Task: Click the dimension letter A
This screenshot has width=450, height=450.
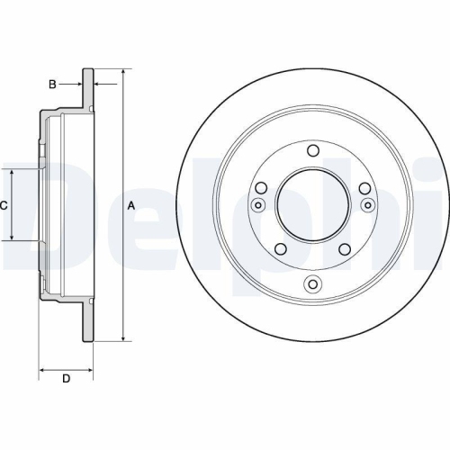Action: coord(131,206)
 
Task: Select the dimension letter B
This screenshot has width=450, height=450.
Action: coord(52,85)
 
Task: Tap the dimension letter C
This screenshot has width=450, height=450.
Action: coord(4,206)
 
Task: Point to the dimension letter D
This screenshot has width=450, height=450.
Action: coord(65,378)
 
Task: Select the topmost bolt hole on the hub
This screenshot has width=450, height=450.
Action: coord(312,150)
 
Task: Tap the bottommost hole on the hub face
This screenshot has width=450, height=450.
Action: coord(312,285)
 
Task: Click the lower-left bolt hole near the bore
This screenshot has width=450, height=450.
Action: coord(279,248)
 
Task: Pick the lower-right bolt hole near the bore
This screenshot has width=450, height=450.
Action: coord(346,248)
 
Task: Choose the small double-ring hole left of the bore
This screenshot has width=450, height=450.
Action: coord(258,206)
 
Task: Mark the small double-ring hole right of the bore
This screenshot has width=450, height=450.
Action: coord(367,206)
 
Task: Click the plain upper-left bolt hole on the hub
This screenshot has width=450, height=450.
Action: coord(261,188)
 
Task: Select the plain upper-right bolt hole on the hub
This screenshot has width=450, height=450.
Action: coord(364,188)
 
